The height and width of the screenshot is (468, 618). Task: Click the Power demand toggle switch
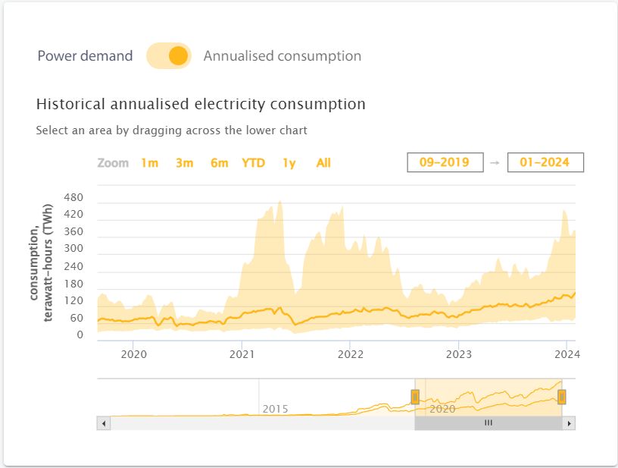point(168,56)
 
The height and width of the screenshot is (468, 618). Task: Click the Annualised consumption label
point(282,56)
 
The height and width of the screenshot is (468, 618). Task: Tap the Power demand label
point(85,56)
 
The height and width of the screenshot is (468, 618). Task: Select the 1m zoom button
point(149,163)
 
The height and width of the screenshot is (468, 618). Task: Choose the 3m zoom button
point(184,163)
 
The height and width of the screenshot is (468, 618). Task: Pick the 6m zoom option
point(219,163)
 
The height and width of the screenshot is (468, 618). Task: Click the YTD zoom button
point(253,163)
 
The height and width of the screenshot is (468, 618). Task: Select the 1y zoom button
point(289,163)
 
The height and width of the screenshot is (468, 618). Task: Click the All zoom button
point(323,163)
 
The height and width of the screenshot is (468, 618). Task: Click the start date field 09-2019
point(445,162)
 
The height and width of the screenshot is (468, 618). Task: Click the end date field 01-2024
point(545,162)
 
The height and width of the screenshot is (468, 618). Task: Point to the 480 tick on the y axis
point(73,198)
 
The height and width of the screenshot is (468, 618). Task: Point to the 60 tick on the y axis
point(76,318)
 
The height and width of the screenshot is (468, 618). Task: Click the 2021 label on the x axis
point(242,353)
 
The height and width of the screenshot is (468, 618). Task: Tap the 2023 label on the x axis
point(459,353)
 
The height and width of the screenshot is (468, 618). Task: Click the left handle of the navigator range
point(415,397)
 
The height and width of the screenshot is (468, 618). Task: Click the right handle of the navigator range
point(562,397)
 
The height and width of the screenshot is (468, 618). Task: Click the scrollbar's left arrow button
point(104,423)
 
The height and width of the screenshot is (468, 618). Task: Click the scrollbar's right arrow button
point(569,423)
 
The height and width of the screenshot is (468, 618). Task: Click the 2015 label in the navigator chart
point(275,409)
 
